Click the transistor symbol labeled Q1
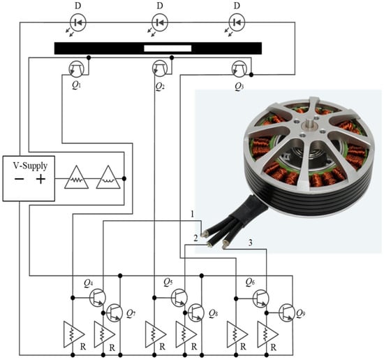tap(76, 69)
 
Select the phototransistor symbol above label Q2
tap(160, 68)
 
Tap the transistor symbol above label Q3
tap(239, 69)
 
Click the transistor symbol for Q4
tap(98, 298)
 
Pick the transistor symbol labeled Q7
tap(115, 312)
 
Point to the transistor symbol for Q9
tap(286, 312)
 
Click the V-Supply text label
tap(30, 166)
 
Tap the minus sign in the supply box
tap(19, 179)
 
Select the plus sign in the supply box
tap(40, 179)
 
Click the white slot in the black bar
tap(168, 48)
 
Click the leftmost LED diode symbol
tap(78, 22)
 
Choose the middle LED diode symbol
tap(160, 22)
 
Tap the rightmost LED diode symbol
tap(237, 22)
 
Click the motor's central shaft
tap(309, 124)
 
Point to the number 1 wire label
tap(192, 214)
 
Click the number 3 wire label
tap(250, 243)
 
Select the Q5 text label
tap(168, 282)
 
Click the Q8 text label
tap(214, 314)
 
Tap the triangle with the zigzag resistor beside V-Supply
tap(76, 178)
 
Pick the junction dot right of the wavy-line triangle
tap(124, 178)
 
